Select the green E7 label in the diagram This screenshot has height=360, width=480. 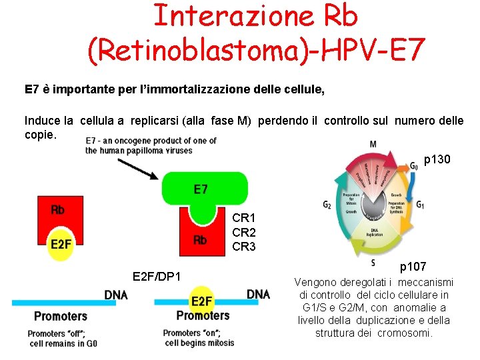(x=201, y=189)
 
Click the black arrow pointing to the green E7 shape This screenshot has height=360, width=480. (x=136, y=166)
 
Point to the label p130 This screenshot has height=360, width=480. (x=437, y=160)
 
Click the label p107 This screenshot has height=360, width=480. (x=413, y=267)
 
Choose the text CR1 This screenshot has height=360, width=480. (x=244, y=218)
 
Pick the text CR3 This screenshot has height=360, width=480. (x=244, y=246)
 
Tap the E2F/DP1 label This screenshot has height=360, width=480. (x=157, y=276)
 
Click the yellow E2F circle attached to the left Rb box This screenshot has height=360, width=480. (x=60, y=244)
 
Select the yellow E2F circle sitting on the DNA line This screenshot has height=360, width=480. (x=201, y=301)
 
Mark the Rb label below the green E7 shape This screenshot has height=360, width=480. (x=200, y=240)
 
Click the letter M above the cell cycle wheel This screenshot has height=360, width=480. (x=373, y=144)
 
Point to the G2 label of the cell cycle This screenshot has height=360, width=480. (x=327, y=205)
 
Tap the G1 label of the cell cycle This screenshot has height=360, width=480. (x=420, y=205)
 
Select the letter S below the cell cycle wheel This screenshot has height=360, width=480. (x=373, y=263)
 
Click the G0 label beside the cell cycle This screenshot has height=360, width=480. (x=414, y=162)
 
